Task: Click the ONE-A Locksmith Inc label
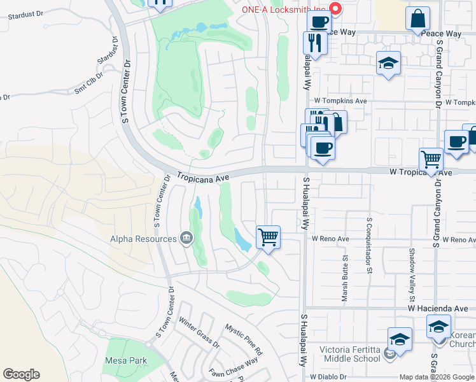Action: tap(284, 10)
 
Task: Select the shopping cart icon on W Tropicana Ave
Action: tap(431, 159)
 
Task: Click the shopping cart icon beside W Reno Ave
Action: tap(269, 237)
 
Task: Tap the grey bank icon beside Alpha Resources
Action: tap(186, 239)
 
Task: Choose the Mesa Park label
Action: tap(125, 360)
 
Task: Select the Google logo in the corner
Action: tap(21, 374)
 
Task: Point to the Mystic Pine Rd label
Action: tap(244, 339)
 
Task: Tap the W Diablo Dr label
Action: tap(327, 377)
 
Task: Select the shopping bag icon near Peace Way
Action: tap(418, 19)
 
